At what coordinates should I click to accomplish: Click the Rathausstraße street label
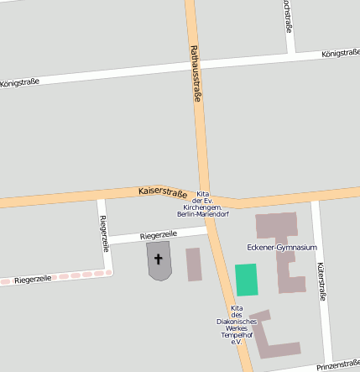(196, 74)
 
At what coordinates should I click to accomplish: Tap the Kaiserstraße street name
(163, 193)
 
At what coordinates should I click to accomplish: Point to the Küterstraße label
(321, 281)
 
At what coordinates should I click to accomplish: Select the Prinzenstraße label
(338, 364)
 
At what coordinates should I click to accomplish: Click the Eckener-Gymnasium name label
(282, 248)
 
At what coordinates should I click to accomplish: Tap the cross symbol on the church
(159, 259)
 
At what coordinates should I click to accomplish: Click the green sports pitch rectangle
(247, 280)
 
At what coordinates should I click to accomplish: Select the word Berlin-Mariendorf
(204, 215)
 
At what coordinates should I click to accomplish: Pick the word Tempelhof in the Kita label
(231, 334)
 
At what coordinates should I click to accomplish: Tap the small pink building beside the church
(194, 264)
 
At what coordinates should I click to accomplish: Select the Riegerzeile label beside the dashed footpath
(33, 278)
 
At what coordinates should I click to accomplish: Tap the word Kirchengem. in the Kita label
(203, 207)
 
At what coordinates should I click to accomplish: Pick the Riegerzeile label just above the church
(158, 235)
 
